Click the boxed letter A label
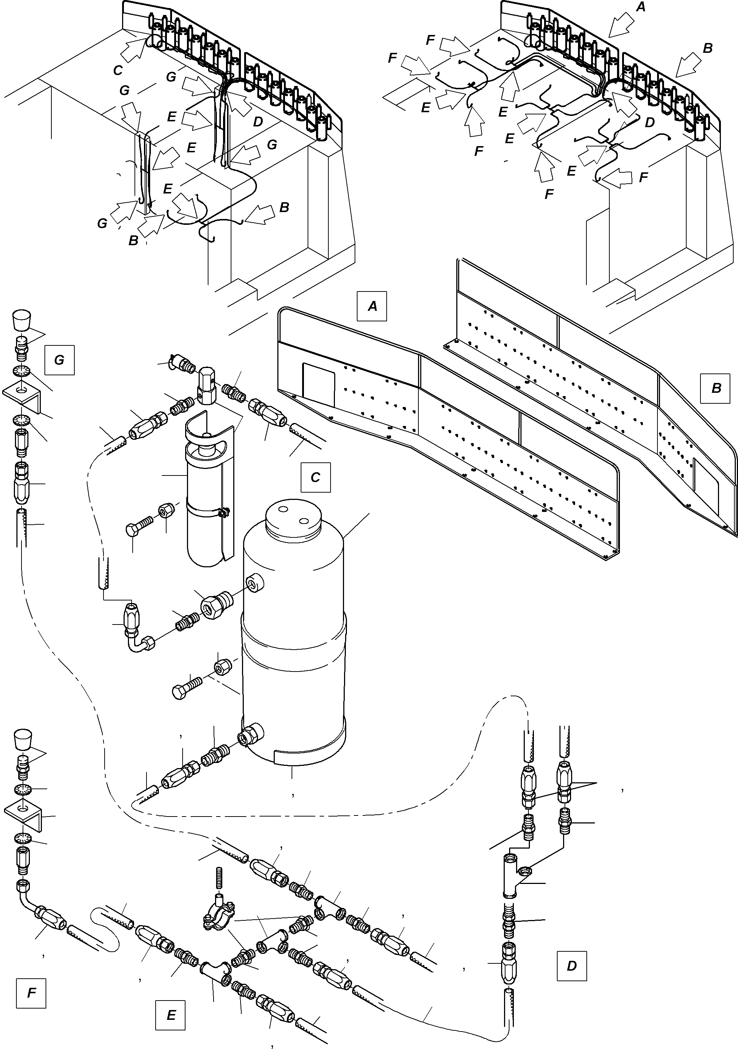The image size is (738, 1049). click(372, 306)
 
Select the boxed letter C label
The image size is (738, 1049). click(315, 477)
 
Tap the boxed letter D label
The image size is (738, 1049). click(571, 966)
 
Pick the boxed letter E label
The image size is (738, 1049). click(171, 1015)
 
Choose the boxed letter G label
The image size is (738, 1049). click(59, 360)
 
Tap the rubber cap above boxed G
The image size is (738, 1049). click(20, 320)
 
